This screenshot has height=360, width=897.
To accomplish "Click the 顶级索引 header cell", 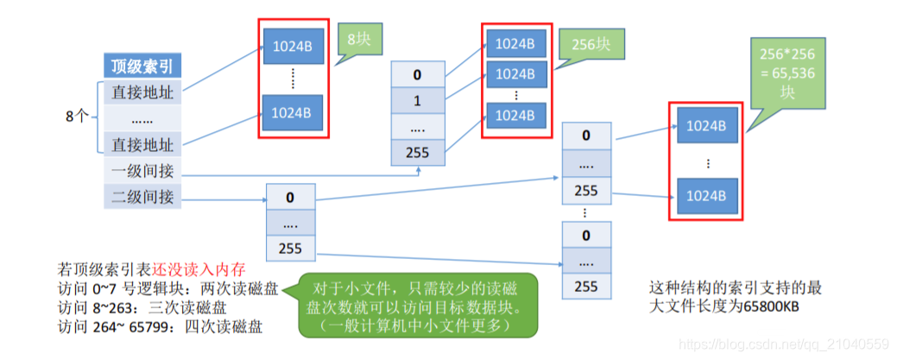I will click(x=142, y=66).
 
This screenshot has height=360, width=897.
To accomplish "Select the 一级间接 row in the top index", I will click(x=142, y=171).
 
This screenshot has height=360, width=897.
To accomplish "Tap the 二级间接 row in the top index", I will click(x=142, y=197).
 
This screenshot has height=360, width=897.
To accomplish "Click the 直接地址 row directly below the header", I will click(x=142, y=92).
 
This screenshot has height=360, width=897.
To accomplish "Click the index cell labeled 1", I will click(x=418, y=100).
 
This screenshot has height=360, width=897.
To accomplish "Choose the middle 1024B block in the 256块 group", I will click(x=515, y=73).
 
